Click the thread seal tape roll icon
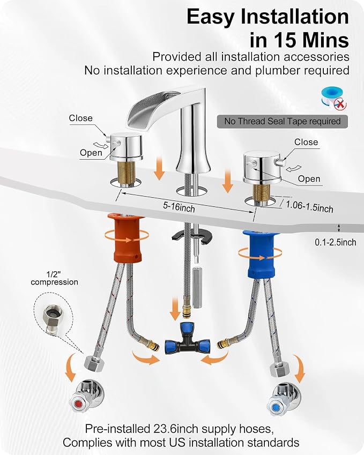pos(334,99)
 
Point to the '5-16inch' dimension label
pos(179,207)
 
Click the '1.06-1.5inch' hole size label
pos(309,206)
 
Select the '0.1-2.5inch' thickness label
pos(335,242)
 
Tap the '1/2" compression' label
pos(55,278)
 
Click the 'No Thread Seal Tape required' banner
pos(282,121)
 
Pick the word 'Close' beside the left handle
pos(81,118)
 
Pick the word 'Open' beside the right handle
pos(309,179)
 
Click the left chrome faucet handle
pos(125,147)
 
